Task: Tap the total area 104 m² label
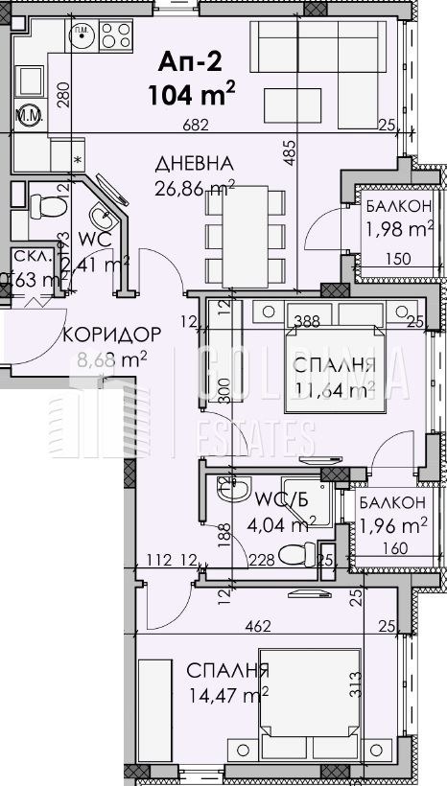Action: pyautogui.click(x=192, y=94)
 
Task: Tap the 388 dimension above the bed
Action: pyautogui.click(x=307, y=321)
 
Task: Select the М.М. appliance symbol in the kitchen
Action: pyautogui.click(x=27, y=119)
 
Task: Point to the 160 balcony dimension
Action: pyautogui.click(x=393, y=548)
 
